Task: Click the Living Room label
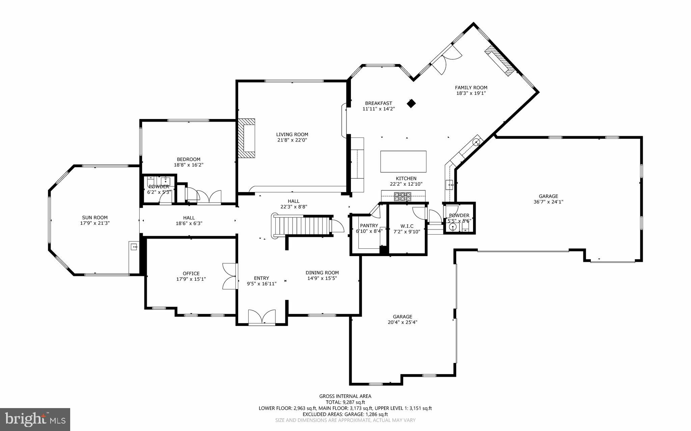point(292,134)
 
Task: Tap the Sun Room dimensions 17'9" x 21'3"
point(95,223)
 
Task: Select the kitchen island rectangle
point(403,162)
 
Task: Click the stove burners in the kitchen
point(403,196)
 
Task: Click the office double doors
point(229,276)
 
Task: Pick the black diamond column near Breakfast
point(411,103)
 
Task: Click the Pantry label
point(369,225)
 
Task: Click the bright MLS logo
point(35,419)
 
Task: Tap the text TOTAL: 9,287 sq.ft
point(345,402)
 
